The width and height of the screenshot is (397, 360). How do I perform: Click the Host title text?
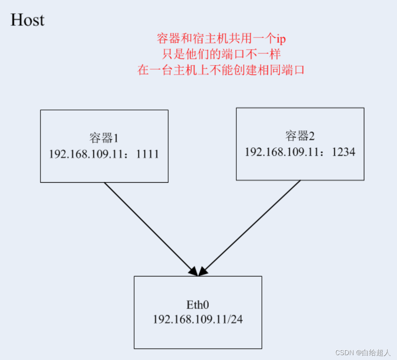pos(27,20)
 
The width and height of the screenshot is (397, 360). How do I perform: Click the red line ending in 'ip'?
pos(221,39)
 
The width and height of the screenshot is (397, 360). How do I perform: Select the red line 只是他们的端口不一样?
pos(221,54)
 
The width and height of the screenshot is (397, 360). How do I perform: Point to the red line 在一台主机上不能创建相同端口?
pos(221,70)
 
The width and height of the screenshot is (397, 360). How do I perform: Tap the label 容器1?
pos(104,138)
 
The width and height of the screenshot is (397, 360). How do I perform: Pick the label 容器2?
pos(300,136)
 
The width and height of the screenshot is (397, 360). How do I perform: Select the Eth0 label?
pos(197,304)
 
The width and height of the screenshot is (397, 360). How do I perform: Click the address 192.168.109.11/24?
pos(197,319)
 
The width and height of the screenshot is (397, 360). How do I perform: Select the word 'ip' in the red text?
pos(281,39)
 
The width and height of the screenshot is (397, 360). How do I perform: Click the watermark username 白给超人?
pos(376,352)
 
